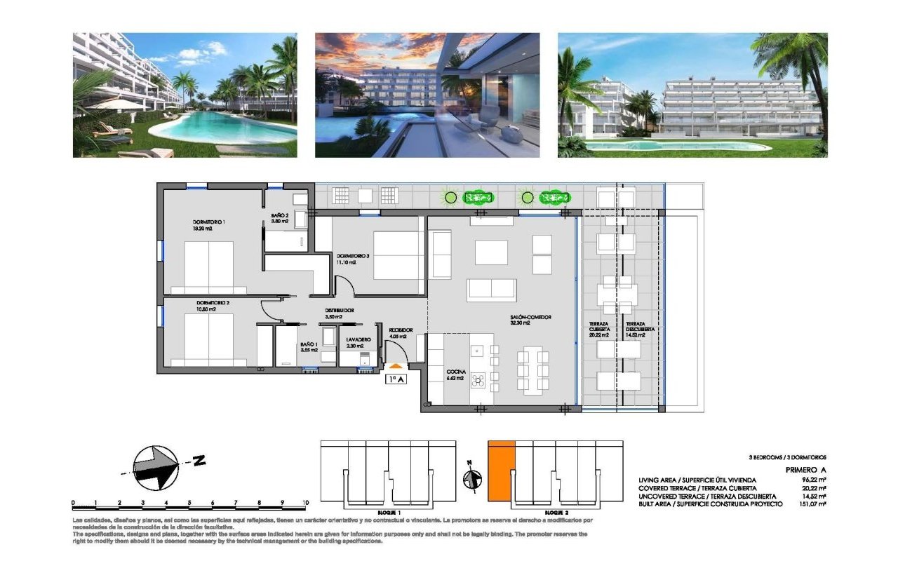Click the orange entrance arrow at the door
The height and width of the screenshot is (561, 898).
tap(396, 365)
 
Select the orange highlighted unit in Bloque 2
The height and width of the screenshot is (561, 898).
tap(502, 471)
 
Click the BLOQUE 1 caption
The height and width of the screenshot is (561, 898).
tap(387, 513)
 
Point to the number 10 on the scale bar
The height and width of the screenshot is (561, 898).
tap(305, 503)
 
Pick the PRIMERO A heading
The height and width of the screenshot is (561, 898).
tap(805, 470)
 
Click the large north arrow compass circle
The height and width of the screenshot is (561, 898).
tap(154, 467)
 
